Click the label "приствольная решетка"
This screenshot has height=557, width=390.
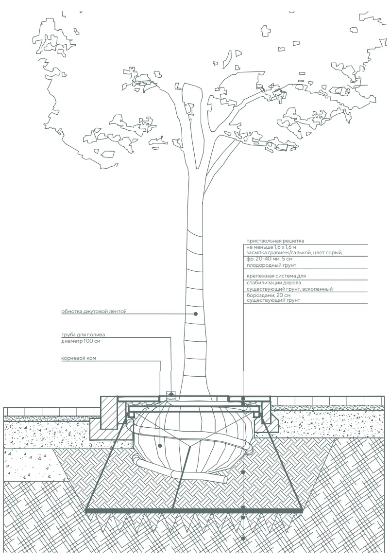click(275, 241)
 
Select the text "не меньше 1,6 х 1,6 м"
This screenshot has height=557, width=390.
click(271, 247)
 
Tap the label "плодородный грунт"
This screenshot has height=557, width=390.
click(271, 265)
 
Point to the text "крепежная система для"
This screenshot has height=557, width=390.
click(276, 276)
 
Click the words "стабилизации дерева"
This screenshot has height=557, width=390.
click(273, 283)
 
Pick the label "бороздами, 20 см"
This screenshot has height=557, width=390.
click(269, 295)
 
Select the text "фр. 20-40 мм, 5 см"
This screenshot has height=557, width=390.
click(270, 259)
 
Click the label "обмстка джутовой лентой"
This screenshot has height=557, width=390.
click(94, 312)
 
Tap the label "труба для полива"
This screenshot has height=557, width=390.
click(83, 334)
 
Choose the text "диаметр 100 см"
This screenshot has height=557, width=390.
click(81, 341)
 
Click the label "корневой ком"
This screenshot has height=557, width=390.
click(78, 358)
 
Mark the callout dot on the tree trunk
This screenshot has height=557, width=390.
click(195, 313)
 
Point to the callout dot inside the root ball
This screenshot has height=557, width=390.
click(160, 445)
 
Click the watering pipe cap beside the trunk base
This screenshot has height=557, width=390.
click(170, 394)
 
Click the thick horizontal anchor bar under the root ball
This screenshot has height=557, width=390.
click(194, 510)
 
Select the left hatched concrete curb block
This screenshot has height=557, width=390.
click(109, 412)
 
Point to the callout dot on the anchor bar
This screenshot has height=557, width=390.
click(243, 507)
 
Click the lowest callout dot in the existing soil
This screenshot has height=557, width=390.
click(243, 538)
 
